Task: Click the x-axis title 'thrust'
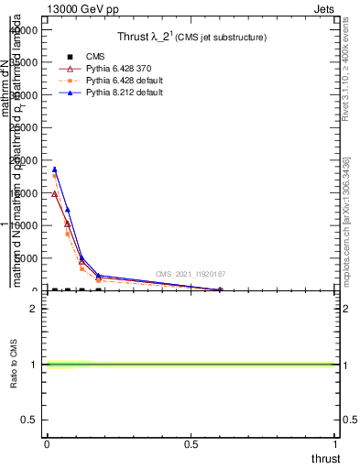pyautogui.click(x=325, y=458)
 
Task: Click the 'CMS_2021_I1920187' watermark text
pyautogui.click(x=190, y=274)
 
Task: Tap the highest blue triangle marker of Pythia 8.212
pyautogui.click(x=54, y=169)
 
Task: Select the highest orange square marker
pyautogui.click(x=54, y=175)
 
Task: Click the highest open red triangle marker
pyautogui.click(x=54, y=194)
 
